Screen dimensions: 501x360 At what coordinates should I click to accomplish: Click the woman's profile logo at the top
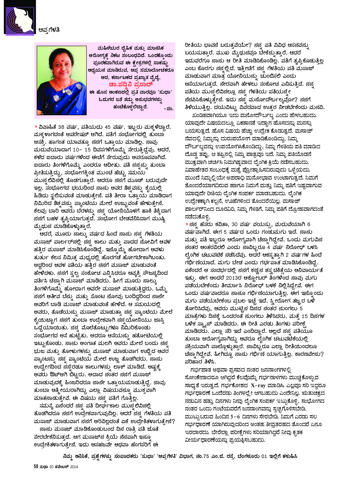pyautogui.click(x=19, y=18)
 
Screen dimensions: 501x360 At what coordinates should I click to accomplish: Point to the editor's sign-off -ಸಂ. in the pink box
pyautogui.click(x=169, y=109)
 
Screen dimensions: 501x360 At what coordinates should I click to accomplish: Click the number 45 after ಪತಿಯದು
pyautogui.click(x=114, y=127)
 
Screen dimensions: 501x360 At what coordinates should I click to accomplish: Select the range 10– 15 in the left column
pyautogui.click(x=82, y=150)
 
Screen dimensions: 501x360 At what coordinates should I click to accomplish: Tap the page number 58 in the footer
pyautogui.click(x=36, y=467)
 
